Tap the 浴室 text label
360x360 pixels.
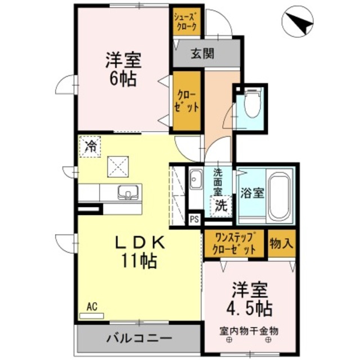(x=252, y=193)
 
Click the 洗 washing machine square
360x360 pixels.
(x=222, y=205)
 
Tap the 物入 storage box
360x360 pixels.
(x=280, y=243)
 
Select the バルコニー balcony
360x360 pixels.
(x=138, y=339)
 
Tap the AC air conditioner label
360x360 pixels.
(x=92, y=308)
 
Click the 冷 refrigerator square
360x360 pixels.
(x=89, y=147)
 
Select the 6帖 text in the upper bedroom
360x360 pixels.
(x=121, y=79)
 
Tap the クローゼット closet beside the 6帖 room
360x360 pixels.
(x=187, y=101)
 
